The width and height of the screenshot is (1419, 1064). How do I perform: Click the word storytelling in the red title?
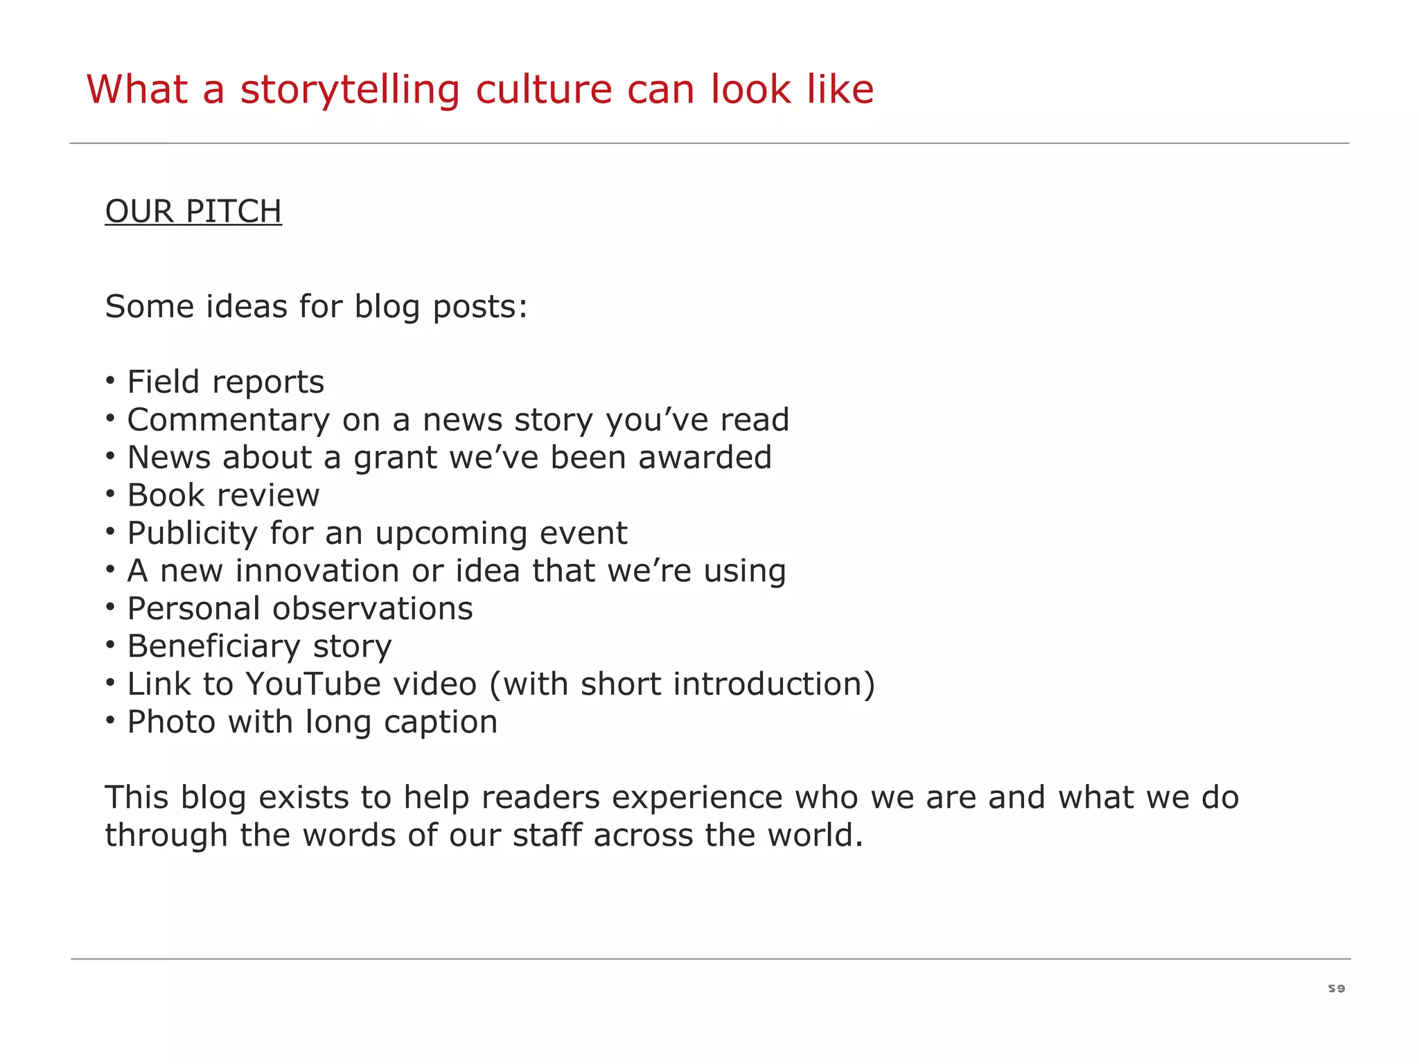click(349, 90)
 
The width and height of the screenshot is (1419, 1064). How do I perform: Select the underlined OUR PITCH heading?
click(193, 211)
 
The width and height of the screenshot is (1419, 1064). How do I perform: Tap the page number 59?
click(1337, 988)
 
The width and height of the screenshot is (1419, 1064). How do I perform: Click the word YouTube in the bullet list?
click(312, 684)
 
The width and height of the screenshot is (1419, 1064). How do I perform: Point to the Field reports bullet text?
click(226, 382)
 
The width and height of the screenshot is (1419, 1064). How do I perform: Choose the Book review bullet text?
click(223, 495)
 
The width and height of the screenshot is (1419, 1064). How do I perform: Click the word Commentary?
click(229, 420)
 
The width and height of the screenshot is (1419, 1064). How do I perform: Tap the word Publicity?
click(193, 533)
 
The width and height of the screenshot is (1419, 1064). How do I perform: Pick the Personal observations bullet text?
click(300, 609)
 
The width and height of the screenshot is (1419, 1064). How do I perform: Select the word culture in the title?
click(544, 90)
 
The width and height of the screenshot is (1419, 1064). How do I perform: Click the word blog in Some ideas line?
click(387, 307)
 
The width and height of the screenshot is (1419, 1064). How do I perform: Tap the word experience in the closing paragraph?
click(697, 798)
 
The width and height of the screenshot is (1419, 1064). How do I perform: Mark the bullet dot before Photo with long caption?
click(110, 720)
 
